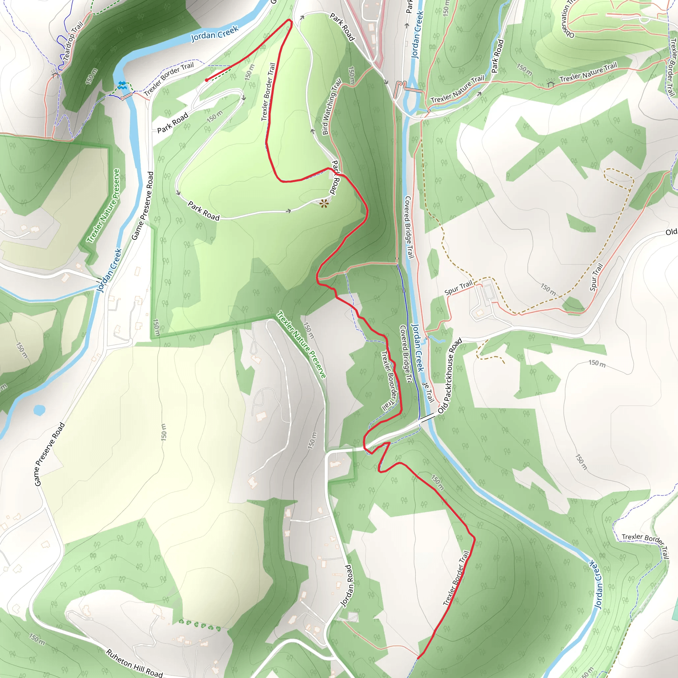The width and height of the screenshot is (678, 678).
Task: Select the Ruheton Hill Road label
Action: [134, 663]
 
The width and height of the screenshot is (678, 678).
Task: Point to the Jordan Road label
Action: [346, 586]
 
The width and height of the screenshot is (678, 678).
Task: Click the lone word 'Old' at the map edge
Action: [671, 232]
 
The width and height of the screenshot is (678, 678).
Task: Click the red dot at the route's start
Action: [207, 80]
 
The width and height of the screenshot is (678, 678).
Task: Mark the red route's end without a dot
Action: [418, 658]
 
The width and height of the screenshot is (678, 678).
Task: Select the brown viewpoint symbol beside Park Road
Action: [324, 203]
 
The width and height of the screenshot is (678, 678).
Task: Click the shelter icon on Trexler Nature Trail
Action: [550, 83]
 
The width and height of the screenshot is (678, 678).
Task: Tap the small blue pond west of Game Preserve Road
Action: [39, 410]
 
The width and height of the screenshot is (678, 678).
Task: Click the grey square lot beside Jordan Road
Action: [352, 617]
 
